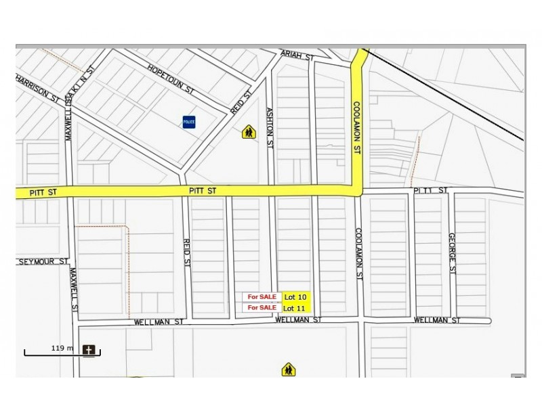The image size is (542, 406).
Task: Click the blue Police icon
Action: tap(189, 122)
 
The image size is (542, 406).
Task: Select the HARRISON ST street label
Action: tap(37, 88)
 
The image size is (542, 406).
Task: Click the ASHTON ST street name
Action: tap(269, 127)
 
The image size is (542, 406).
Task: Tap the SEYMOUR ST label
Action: tap(43, 262)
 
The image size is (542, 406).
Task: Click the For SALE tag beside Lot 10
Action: tap(262, 297)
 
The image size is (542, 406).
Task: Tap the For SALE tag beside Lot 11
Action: tap(262, 308)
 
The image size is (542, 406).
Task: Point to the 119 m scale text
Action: tap(62, 348)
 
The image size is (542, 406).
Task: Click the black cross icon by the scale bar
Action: tap(89, 350)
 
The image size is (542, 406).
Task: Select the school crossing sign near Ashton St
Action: tap(249, 132)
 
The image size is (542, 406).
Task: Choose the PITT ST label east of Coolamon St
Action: tap(430, 191)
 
